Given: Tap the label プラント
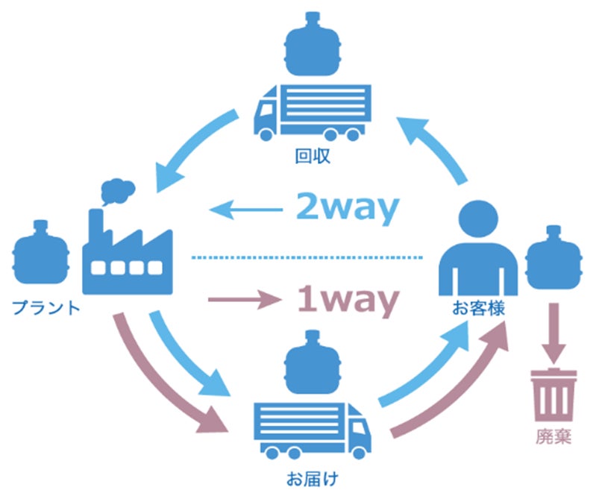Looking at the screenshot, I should point(46,307).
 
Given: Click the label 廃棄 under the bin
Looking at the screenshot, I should point(553,436).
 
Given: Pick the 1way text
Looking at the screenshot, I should point(345,301).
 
